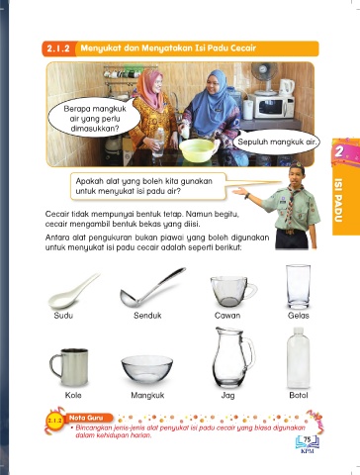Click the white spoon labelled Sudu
tap(67, 295)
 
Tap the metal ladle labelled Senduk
tap(148, 290)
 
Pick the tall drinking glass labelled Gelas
tap(298, 286)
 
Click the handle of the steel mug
tap(54, 365)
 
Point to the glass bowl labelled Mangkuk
tap(146, 369)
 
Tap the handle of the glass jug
tap(249, 353)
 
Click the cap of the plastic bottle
tap(298, 331)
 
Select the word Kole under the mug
tap(73, 395)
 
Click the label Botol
tap(299, 395)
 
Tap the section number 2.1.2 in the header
tap(58, 48)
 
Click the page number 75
tap(308, 439)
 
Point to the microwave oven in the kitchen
tap(271, 106)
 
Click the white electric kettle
tap(287, 87)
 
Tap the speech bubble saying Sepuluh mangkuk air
tap(277, 142)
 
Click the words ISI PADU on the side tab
tap(338, 200)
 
